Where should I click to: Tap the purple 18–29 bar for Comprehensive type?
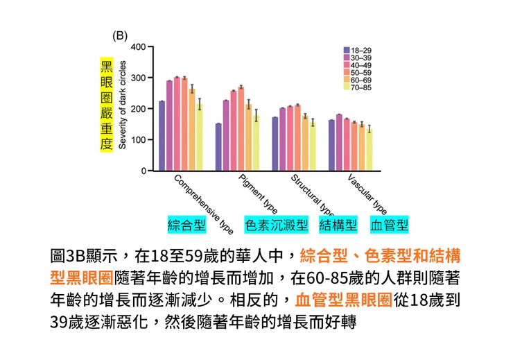tap(162, 135)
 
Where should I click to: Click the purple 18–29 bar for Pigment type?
tap(218, 146)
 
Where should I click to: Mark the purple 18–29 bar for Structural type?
tap(275, 144)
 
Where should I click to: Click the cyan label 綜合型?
tap(186, 225)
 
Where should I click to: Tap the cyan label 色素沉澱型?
tap(276, 225)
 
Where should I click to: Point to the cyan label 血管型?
tap(389, 225)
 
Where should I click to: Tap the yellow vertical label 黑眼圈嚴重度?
tap(106, 105)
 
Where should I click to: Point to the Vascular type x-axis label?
tap(367, 194)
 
